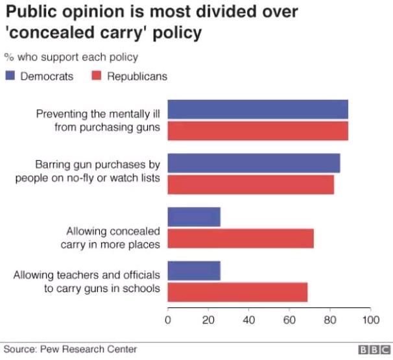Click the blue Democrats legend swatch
pos(10,76)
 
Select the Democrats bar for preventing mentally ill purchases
pos(257,110)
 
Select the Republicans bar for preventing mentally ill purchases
pos(257,130)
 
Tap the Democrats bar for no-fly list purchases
pos(254,163)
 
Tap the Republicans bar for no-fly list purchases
pos(250,184)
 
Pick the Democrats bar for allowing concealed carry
pos(194,217)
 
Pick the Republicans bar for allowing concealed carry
pos(241,238)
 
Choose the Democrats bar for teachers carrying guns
pos(194,270)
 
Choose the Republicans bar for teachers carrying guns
pos(237,292)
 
